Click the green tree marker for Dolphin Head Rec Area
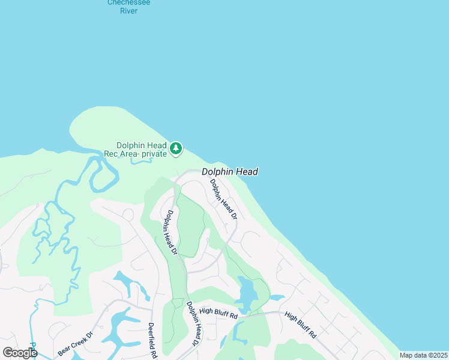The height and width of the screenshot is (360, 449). point(176,148)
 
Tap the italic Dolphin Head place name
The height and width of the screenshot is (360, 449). point(230,172)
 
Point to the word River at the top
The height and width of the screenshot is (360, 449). point(128,10)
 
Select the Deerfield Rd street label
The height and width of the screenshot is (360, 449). point(152,341)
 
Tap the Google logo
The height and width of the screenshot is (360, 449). point(20,353)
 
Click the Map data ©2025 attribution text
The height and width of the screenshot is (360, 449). point(423,355)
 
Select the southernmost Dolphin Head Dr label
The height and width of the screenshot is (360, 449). point(193,323)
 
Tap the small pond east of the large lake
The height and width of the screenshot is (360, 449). point(277,297)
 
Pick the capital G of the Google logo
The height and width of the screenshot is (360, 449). point(8,353)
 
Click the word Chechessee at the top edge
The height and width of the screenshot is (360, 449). point(128,2)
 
